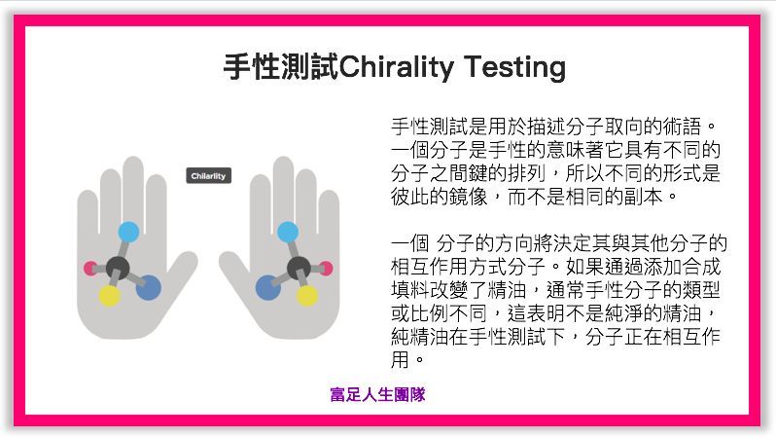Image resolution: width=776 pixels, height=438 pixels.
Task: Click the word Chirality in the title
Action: click(x=397, y=67)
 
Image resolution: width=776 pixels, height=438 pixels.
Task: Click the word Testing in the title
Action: click(x=514, y=67)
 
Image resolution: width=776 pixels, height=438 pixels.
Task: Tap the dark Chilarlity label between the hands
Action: click(x=208, y=176)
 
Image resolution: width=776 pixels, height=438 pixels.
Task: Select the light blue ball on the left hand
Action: click(x=128, y=232)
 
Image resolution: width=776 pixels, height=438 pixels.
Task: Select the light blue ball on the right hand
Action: click(x=288, y=232)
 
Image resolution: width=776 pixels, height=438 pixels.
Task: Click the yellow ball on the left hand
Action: click(x=109, y=296)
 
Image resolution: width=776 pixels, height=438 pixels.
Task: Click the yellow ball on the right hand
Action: click(x=307, y=296)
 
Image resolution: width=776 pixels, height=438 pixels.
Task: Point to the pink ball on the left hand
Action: click(x=90, y=269)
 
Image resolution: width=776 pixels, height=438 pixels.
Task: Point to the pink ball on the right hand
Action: click(x=326, y=269)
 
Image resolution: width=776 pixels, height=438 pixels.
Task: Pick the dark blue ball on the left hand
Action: click(x=149, y=288)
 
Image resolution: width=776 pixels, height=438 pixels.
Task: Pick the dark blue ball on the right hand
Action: click(x=268, y=288)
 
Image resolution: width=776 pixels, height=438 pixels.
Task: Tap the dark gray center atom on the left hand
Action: click(x=118, y=268)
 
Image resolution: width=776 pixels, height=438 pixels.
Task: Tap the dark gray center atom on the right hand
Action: click(x=299, y=268)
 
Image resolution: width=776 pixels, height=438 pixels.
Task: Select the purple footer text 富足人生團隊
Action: click(x=377, y=395)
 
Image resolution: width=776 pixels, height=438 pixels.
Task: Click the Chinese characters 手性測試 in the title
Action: click(x=281, y=67)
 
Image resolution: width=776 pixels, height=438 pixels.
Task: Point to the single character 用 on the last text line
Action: click(x=400, y=360)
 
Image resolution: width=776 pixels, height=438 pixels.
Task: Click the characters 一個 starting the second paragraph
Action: click(x=409, y=243)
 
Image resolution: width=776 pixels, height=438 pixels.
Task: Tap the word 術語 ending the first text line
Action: click(x=683, y=127)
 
